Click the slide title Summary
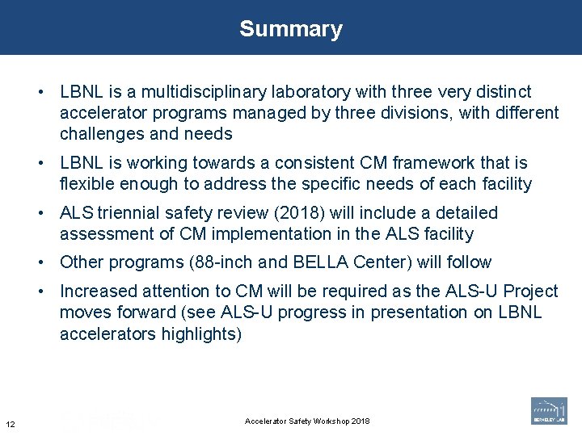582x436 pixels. click(291, 29)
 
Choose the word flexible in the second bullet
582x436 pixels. click(86, 184)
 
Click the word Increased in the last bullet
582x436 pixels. click(97, 291)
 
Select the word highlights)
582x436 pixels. click(196, 334)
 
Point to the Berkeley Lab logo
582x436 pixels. click(549, 410)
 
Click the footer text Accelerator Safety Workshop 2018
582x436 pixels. click(307, 421)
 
